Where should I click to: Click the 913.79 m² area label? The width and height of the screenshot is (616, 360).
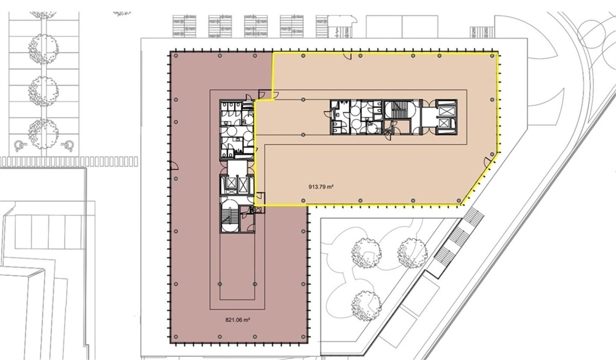[321, 187]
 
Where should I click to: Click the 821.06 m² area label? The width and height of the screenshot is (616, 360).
[238, 320]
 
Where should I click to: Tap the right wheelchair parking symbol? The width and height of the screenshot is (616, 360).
[68, 146]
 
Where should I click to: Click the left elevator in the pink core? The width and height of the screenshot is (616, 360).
[230, 184]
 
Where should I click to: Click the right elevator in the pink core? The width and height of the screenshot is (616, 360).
[243, 184]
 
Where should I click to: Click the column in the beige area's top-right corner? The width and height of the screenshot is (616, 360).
[492, 56]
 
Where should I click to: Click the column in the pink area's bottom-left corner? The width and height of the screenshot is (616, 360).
[176, 337]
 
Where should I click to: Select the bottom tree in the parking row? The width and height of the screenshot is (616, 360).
[43, 134]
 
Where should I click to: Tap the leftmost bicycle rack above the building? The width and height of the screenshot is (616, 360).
[184, 26]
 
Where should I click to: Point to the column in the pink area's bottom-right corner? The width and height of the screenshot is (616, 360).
[303, 337]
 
